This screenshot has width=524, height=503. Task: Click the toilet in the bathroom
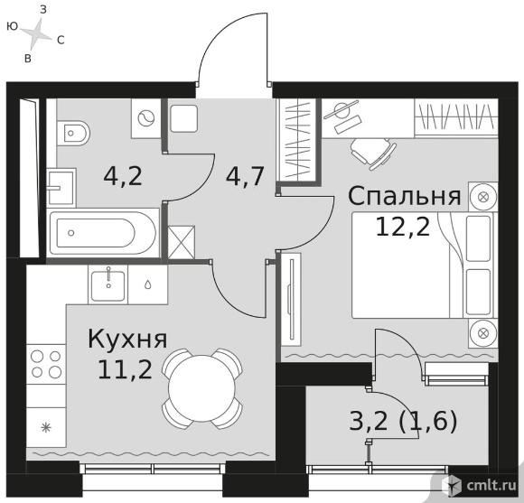click(73, 134)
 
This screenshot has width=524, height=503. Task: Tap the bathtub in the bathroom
click(104, 232)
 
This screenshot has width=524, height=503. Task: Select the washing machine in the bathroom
click(145, 118)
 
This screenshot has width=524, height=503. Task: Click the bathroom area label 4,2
click(123, 176)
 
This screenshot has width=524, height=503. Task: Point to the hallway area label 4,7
click(246, 176)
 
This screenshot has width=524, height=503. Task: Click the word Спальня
click(405, 196)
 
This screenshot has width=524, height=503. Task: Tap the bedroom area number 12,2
click(403, 227)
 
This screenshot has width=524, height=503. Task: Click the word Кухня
click(127, 339)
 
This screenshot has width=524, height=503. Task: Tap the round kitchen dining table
click(202, 388)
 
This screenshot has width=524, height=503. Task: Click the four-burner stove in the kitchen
click(46, 363)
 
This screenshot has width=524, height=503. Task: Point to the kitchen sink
click(108, 284)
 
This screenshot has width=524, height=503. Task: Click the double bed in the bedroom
click(423, 265)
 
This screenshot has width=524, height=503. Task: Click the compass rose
click(36, 33)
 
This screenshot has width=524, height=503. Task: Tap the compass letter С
click(61, 41)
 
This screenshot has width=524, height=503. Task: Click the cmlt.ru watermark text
click(491, 485)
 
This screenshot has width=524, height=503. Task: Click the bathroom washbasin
click(61, 187)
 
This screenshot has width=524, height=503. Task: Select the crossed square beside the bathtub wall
click(181, 242)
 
